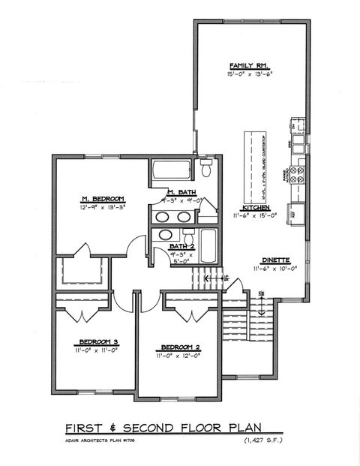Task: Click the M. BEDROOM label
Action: (x=102, y=198)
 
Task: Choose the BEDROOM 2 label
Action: (x=178, y=347)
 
